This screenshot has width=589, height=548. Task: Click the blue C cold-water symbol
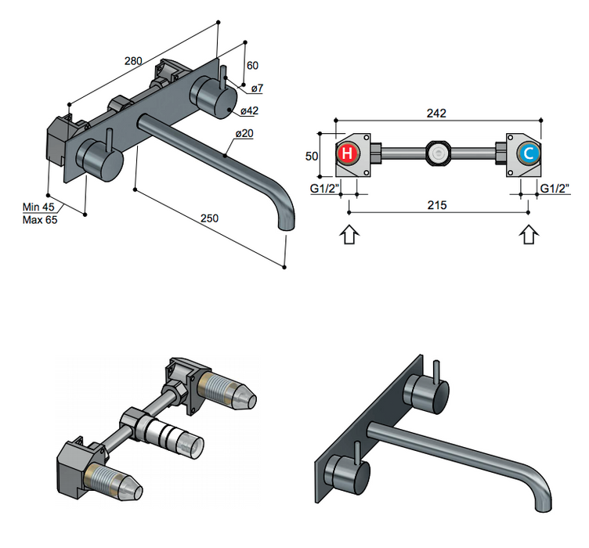coord(529,153)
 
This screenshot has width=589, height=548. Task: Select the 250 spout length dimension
coord(209,218)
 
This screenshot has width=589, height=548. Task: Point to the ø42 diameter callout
coord(250,110)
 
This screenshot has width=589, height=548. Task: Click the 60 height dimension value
coord(252,66)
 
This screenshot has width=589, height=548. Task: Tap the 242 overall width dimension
coord(436,113)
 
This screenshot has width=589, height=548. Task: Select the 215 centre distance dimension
coord(437,205)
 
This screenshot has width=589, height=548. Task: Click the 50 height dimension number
coord(312,155)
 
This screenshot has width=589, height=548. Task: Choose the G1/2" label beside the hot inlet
coord(323,188)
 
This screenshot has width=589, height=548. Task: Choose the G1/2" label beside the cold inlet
coord(555,188)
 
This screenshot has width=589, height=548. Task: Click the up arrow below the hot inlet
coord(350,236)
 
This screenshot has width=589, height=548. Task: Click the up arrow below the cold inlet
coord(529,236)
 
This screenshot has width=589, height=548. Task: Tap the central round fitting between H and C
coord(436,153)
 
